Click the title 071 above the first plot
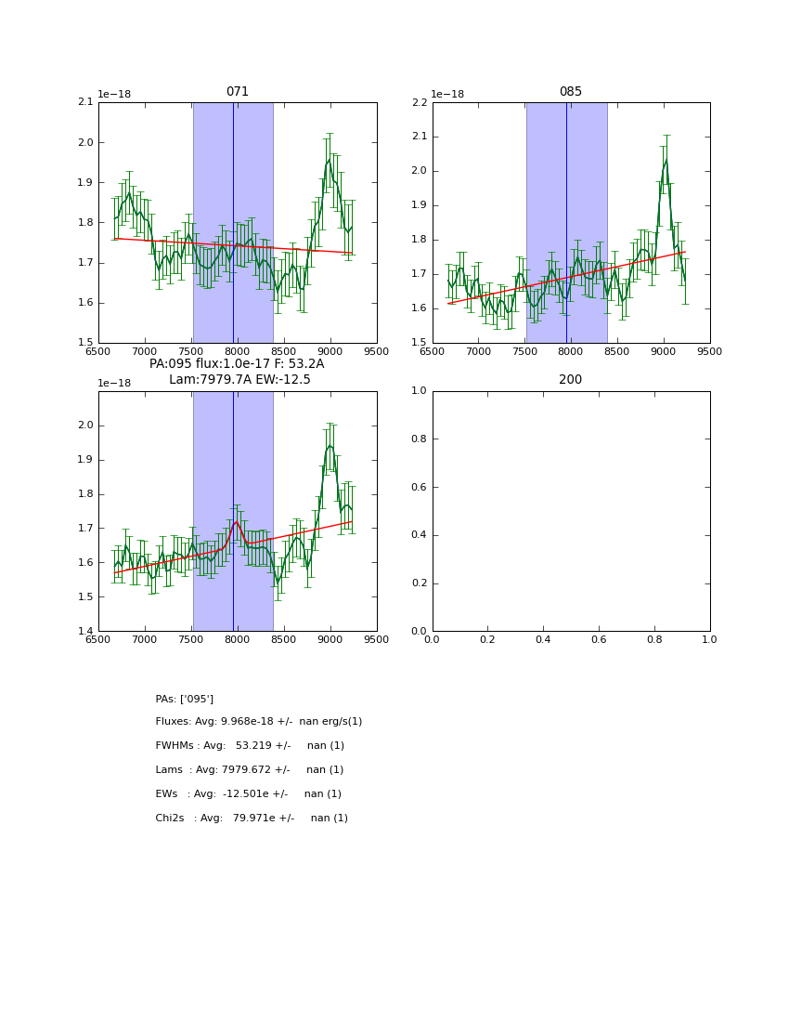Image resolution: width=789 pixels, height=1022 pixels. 237,92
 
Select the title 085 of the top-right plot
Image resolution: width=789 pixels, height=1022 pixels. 570,92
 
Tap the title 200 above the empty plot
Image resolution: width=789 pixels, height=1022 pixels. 570,380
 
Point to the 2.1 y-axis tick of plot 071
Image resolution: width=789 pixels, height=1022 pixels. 85,102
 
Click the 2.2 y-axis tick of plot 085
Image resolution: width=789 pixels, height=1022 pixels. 420,102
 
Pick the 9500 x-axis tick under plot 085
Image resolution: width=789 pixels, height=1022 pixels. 709,351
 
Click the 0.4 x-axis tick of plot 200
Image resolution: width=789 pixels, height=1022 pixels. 543,640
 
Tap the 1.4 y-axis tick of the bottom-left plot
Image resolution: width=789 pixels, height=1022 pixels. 85,631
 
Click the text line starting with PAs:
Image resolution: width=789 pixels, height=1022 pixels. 184,699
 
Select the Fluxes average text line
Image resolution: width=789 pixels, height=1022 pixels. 258,722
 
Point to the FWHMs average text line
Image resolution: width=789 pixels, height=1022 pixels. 250,746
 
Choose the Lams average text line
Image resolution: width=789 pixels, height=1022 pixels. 249,770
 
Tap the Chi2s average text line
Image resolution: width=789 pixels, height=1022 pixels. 252,819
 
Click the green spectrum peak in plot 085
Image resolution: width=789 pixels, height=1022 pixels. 666,160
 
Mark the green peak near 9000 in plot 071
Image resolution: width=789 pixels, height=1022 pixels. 329,159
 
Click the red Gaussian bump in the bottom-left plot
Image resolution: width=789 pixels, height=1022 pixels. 237,522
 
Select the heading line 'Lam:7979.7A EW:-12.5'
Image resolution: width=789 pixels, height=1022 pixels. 239,380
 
